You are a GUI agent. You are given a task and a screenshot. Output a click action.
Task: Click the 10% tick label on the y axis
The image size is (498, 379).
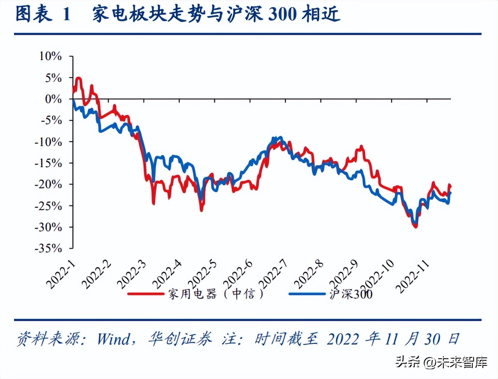pos(50,56)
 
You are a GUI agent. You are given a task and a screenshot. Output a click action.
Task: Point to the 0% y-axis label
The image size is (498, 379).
pos(53,99)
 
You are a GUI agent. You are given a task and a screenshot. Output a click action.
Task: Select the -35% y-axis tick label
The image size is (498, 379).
pos(48,248)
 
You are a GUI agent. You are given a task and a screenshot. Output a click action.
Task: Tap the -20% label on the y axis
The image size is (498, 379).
pos(48,184)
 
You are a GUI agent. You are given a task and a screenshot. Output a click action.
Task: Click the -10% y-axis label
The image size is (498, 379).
pos(48,141)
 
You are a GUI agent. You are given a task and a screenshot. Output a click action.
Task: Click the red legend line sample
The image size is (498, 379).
pos(146,293)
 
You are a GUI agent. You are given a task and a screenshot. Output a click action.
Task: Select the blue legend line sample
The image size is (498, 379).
pos(307,293)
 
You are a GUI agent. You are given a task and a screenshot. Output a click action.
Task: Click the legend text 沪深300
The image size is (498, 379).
pos(351,294)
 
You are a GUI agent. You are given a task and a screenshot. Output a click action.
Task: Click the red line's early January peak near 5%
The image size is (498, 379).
pos(79,79)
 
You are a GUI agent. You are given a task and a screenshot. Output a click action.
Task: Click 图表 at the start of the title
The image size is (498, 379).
pos(34,14)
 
